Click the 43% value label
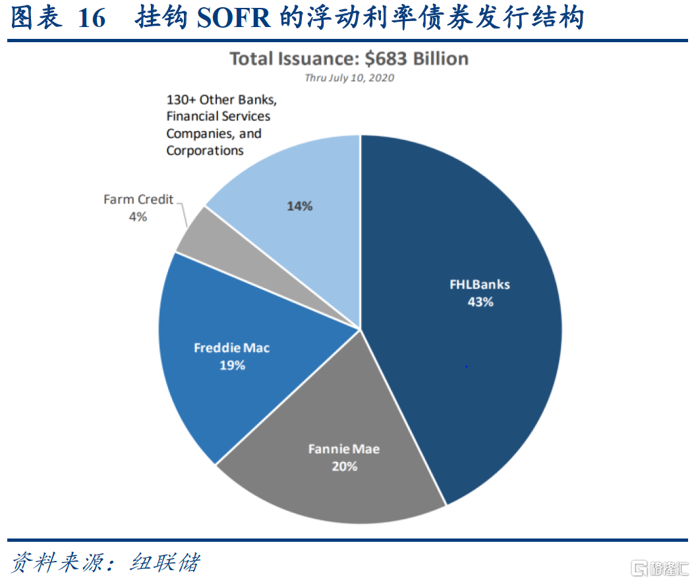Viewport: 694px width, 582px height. click(480, 303)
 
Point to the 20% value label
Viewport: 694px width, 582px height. click(344, 466)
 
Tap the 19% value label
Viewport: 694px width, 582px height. click(232, 365)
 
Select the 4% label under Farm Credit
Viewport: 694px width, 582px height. click(138, 216)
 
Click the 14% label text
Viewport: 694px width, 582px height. click(299, 206)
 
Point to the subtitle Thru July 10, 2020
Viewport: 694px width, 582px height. click(349, 78)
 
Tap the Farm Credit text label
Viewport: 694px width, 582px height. click(138, 199)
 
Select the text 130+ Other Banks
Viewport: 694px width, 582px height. click(221, 100)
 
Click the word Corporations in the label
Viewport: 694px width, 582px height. click(205, 150)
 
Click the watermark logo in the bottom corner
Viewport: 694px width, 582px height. click(639, 567)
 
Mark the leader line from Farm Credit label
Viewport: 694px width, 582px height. click(183, 212)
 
